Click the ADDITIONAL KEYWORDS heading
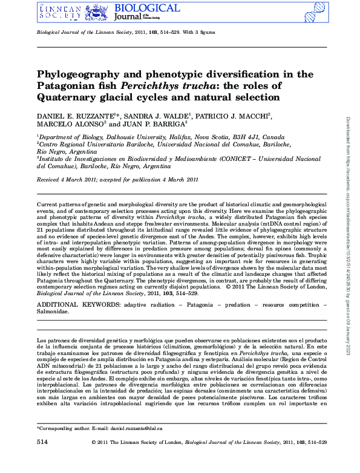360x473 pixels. tap(78, 306)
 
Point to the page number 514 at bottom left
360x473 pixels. tap(42, 459)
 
